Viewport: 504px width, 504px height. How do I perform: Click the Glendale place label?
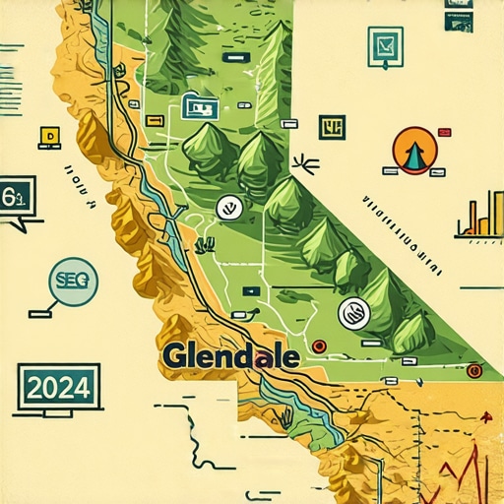tap(231, 355)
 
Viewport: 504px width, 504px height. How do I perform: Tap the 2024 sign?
tap(59, 385)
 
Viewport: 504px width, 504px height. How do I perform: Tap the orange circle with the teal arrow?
tap(413, 151)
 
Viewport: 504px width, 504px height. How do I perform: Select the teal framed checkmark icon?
tap(386, 46)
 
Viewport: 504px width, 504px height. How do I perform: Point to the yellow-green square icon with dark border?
tap(332, 126)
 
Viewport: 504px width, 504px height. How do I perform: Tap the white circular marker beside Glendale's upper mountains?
tap(226, 207)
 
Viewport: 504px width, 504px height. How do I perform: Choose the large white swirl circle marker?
tap(353, 313)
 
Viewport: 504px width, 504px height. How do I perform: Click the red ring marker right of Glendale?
tap(319, 346)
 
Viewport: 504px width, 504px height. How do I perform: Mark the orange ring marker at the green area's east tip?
tap(474, 370)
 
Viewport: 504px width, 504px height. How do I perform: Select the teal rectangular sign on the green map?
tap(199, 108)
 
